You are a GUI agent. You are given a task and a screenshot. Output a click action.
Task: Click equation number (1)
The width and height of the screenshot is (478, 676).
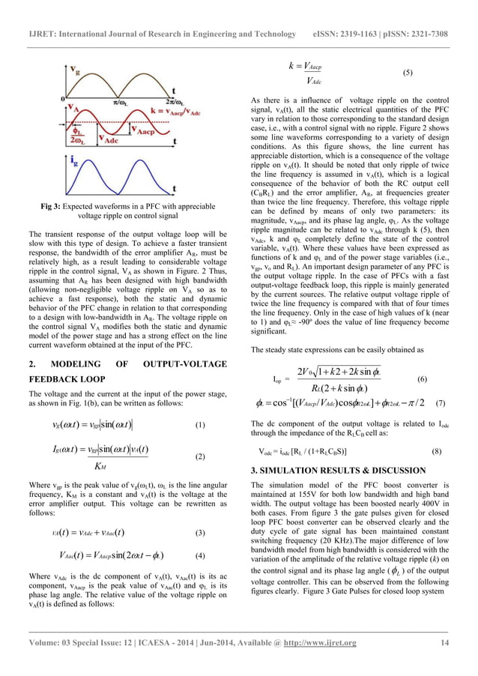[x=199, y=425]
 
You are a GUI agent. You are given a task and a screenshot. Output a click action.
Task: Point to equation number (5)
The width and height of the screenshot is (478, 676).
[x=408, y=73]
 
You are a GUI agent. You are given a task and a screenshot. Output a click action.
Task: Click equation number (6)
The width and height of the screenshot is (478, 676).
[x=422, y=379]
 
